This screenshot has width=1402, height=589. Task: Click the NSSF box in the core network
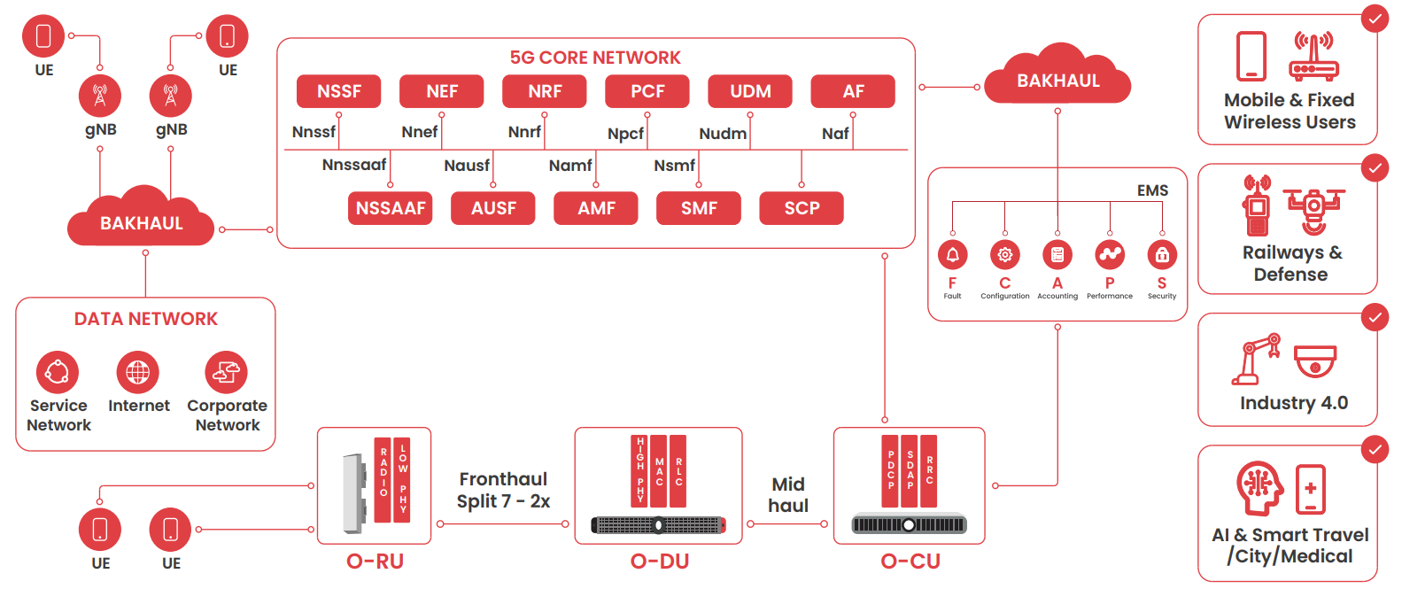pyautogui.click(x=339, y=91)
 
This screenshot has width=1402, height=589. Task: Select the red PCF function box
pyautogui.click(x=647, y=91)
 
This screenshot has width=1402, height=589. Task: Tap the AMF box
pyautogui.click(x=596, y=208)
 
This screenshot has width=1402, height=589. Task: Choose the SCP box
pyautogui.click(x=802, y=208)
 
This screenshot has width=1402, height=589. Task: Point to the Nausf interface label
pyautogui.click(x=467, y=166)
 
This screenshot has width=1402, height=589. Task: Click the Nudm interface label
pyautogui.click(x=723, y=134)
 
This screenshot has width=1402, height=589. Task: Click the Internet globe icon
pyautogui.click(x=138, y=373)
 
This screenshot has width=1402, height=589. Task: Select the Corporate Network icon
pyautogui.click(x=226, y=373)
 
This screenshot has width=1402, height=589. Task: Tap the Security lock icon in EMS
pyautogui.click(x=1162, y=255)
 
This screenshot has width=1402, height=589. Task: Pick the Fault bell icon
pyautogui.click(x=953, y=255)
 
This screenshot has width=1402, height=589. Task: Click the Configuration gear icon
pyautogui.click(x=1005, y=255)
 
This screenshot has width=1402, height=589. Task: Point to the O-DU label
pyautogui.click(x=660, y=562)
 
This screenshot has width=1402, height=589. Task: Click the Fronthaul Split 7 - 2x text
pyautogui.click(x=503, y=490)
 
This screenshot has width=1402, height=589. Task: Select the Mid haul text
pyautogui.click(x=788, y=495)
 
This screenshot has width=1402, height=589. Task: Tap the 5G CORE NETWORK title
pyautogui.click(x=595, y=58)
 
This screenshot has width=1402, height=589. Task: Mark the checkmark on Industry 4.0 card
pyautogui.click(x=1375, y=317)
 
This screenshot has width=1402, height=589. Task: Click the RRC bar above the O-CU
pyautogui.click(x=929, y=470)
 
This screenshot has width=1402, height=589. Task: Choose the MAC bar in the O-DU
pyautogui.click(x=659, y=470)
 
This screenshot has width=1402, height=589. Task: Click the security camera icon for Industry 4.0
pyautogui.click(x=1315, y=361)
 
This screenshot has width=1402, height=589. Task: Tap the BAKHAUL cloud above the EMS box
pyautogui.click(x=1058, y=81)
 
